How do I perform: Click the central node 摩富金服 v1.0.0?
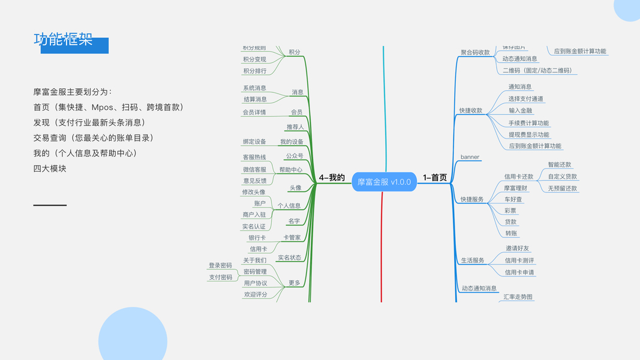pos(384,182)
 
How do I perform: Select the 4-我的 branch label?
pos(332,178)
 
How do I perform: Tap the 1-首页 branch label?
pos(435,178)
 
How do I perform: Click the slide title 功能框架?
pos(63,40)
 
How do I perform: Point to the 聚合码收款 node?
pos(475,52)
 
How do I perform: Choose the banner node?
pos(470,157)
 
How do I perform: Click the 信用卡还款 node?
pos(518,177)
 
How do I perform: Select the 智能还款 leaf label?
pos(560,164)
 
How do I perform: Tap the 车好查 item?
pos(513,199)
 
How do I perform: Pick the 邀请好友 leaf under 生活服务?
pos(518,248)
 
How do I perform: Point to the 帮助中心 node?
pos(291,170)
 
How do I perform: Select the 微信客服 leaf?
pos(254,170)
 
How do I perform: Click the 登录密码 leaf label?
pos(220,265)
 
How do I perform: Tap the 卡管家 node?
pos(292,238)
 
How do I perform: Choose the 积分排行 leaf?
pos(254,71)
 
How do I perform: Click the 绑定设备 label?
pos(254,142)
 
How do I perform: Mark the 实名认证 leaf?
pos(254,227)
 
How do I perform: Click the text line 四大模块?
pos(50,169)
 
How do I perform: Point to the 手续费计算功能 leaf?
pos(528,123)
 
